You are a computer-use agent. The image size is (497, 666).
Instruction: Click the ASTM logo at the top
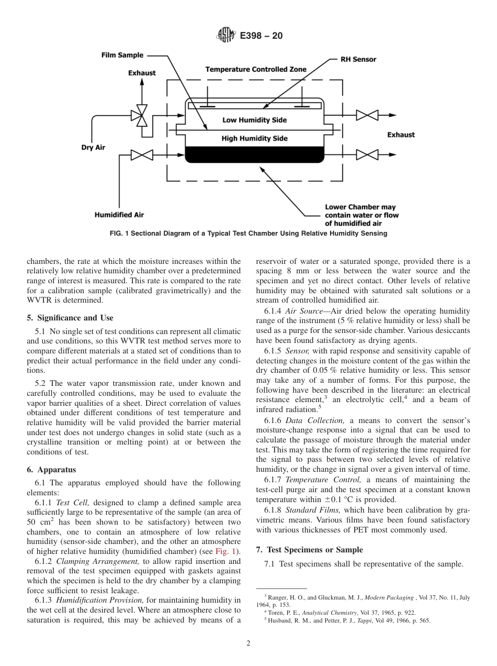[226, 36]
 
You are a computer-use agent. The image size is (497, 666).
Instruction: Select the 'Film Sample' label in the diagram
[122, 56]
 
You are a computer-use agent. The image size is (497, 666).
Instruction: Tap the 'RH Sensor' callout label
[358, 60]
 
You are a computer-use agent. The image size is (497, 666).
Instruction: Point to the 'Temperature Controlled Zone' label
[256, 69]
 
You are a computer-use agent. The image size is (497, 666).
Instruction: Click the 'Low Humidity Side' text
[254, 120]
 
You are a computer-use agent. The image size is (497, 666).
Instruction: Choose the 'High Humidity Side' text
[254, 138]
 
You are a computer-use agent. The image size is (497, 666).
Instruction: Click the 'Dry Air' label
[93, 147]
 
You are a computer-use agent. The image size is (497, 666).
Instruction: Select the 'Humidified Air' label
[119, 215]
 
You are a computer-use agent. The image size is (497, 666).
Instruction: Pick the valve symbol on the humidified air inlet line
[141, 155]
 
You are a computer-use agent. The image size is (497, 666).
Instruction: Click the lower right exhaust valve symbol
[367, 154]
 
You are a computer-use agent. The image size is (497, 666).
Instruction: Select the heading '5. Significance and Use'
[70, 318]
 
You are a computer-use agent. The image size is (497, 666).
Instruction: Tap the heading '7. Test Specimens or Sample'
[307, 549]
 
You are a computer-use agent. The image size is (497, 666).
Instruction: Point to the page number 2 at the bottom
[249, 643]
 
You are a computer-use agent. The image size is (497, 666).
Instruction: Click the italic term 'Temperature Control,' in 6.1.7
[323, 480]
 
